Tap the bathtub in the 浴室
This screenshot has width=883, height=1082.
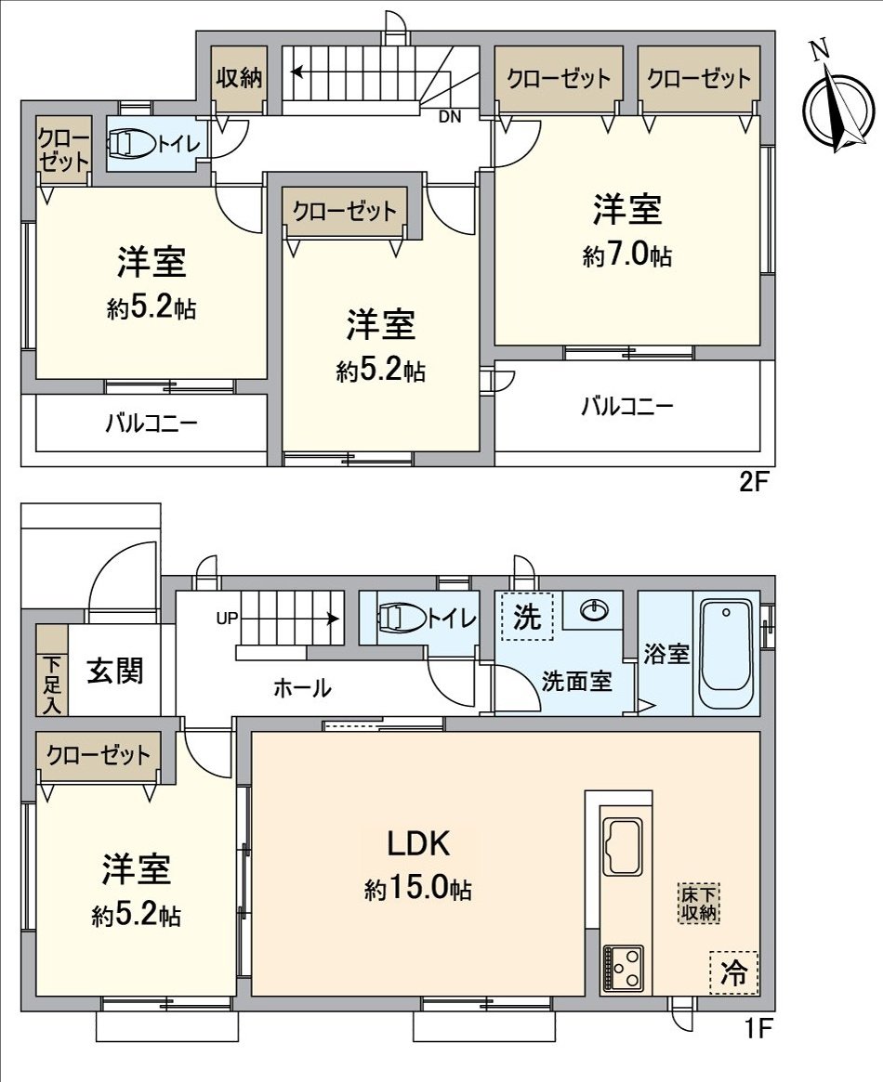pos(727,654)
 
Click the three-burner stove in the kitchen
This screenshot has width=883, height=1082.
pos(622,968)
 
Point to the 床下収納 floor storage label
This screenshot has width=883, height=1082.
pos(698,904)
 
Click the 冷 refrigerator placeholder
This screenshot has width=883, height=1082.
pos(734,972)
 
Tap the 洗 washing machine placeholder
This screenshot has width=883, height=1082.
pos(527,618)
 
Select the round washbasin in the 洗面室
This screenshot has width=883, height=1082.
pos(595,610)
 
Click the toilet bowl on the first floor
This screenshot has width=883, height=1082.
pos(402,617)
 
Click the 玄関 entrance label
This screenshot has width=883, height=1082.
pos(116,671)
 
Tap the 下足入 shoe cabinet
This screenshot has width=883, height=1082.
pos(51,671)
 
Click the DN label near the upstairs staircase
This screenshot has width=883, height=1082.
pos(450,116)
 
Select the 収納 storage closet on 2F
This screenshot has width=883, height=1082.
pos(238,78)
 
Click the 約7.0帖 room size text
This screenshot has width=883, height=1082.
pos(627,256)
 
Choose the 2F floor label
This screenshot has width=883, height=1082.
pos(752,483)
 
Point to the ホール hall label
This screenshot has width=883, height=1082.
pos(302,688)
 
